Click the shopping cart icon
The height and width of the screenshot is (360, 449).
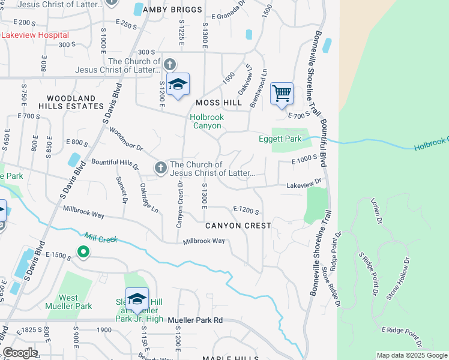click(281, 94)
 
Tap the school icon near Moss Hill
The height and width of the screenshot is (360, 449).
click(178, 85)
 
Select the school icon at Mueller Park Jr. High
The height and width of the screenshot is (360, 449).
click(137, 299)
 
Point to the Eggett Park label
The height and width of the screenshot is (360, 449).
click(280, 139)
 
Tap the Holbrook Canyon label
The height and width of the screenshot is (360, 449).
click(206, 122)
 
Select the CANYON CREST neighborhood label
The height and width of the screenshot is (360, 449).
click(238, 226)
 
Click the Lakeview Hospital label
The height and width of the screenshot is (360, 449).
click(35, 35)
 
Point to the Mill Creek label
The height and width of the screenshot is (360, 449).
click(100, 238)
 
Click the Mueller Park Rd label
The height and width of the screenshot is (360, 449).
click(195, 320)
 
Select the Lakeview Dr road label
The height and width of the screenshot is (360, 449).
click(304, 182)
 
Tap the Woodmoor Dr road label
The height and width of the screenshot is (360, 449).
click(127, 143)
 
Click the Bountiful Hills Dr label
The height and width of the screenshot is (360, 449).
click(115, 164)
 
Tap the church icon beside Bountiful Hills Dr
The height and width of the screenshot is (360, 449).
click(160, 169)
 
